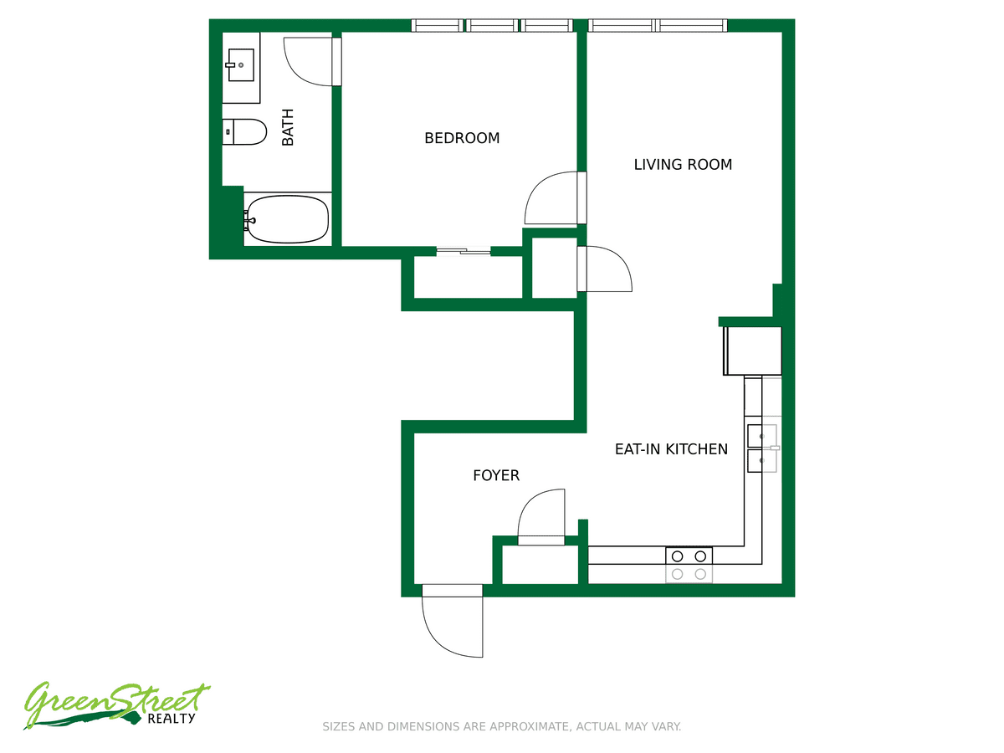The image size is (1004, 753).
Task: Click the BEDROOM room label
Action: pyautogui.click(x=462, y=137)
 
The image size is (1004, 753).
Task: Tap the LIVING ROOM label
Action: pyautogui.click(x=683, y=164)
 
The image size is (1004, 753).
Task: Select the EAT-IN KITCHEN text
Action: pyautogui.click(x=671, y=449)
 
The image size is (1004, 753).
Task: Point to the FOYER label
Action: pyautogui.click(x=496, y=475)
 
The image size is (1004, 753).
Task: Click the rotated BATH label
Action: pyautogui.click(x=287, y=127)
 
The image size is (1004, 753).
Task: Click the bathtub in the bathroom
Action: pyautogui.click(x=287, y=219)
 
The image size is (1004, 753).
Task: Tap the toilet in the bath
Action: pyautogui.click(x=244, y=132)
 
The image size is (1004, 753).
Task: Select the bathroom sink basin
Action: pyautogui.click(x=241, y=65)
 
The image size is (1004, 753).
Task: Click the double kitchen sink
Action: pyautogui.click(x=762, y=448)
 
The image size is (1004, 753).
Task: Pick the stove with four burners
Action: pyautogui.click(x=689, y=565)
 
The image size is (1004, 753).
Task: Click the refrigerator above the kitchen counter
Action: pyautogui.click(x=752, y=351)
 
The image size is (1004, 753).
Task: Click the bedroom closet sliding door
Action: pyautogui.click(x=464, y=251)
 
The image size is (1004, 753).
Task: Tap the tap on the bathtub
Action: pyautogui.click(x=249, y=220)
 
